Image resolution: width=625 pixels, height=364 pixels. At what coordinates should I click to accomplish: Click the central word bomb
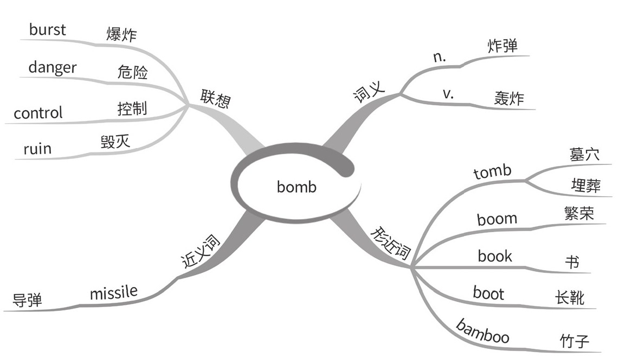point(296,187)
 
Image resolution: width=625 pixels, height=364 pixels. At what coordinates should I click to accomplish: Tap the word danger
point(52,68)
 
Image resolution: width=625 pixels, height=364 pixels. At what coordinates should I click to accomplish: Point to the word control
point(38,113)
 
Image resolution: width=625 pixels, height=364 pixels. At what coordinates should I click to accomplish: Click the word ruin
point(37,148)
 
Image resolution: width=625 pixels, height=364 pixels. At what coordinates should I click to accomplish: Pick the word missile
point(113,293)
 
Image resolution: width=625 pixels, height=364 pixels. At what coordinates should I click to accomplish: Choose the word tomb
point(492,172)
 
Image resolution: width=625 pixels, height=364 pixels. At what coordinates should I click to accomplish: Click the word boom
point(497,219)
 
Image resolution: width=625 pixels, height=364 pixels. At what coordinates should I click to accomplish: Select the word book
point(494,256)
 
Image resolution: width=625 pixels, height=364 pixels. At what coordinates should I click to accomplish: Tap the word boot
point(488,293)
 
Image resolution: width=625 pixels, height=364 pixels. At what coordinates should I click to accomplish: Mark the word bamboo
point(482,332)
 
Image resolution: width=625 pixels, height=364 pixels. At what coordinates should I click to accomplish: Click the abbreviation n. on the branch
point(440,57)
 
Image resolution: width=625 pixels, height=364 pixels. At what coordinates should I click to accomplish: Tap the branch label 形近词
point(390,244)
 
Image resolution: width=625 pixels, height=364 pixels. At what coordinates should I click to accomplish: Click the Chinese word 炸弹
point(502,46)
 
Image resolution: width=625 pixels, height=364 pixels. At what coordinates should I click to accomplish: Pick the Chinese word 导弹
point(27,299)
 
